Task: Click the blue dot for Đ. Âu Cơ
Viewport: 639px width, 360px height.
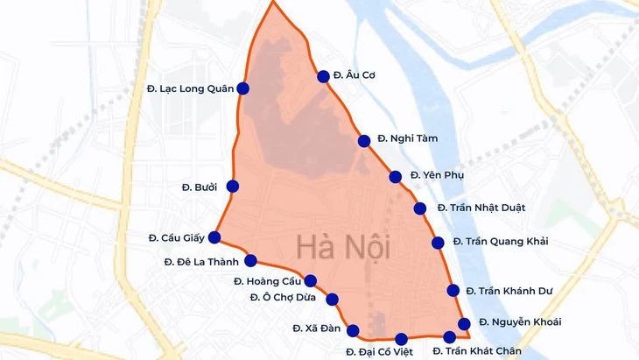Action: point(323,76)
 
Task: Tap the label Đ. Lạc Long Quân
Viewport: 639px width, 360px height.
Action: point(185,89)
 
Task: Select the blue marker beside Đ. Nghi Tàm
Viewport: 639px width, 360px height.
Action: point(364,140)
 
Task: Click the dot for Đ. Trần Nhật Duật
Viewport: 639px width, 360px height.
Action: point(420,208)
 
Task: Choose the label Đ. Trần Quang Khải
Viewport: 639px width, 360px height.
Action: point(495,242)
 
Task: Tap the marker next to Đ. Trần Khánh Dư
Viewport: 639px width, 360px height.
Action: point(453,291)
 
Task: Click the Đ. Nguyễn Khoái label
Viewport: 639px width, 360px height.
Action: point(520,322)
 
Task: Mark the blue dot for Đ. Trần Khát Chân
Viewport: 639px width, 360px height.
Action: point(450,336)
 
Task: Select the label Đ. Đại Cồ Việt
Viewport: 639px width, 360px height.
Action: point(380,351)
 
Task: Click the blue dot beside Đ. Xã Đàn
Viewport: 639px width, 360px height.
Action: point(354,330)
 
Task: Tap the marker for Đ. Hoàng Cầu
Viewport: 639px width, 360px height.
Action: point(310,281)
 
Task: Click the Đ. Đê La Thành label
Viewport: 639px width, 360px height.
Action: point(201,261)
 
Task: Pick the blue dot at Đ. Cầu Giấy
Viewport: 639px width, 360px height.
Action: point(214,236)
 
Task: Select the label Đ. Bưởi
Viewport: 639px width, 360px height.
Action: point(199,187)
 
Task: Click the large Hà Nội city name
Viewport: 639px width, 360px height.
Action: point(342,247)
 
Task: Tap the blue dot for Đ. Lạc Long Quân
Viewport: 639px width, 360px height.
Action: point(243,88)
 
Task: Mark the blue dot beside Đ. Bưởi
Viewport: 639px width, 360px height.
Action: point(233,186)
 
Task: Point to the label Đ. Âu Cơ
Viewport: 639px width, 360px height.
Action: point(355,76)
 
